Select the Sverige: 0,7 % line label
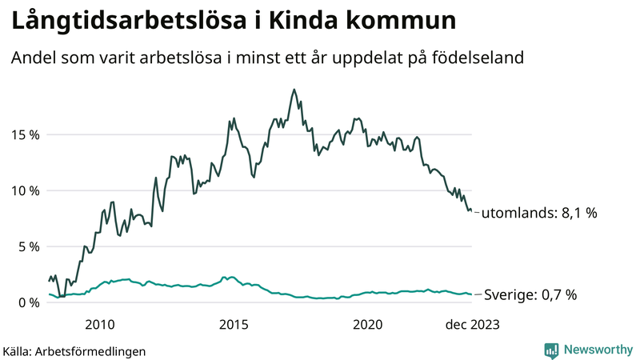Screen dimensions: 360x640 [x=531, y=295]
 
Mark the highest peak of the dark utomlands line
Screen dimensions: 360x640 [x=294, y=90]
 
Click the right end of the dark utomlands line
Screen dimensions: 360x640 [x=471, y=211]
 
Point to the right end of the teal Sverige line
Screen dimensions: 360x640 [x=471, y=294]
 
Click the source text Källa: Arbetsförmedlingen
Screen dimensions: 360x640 [x=74, y=350]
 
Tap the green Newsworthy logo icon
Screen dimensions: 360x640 [x=551, y=350]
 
